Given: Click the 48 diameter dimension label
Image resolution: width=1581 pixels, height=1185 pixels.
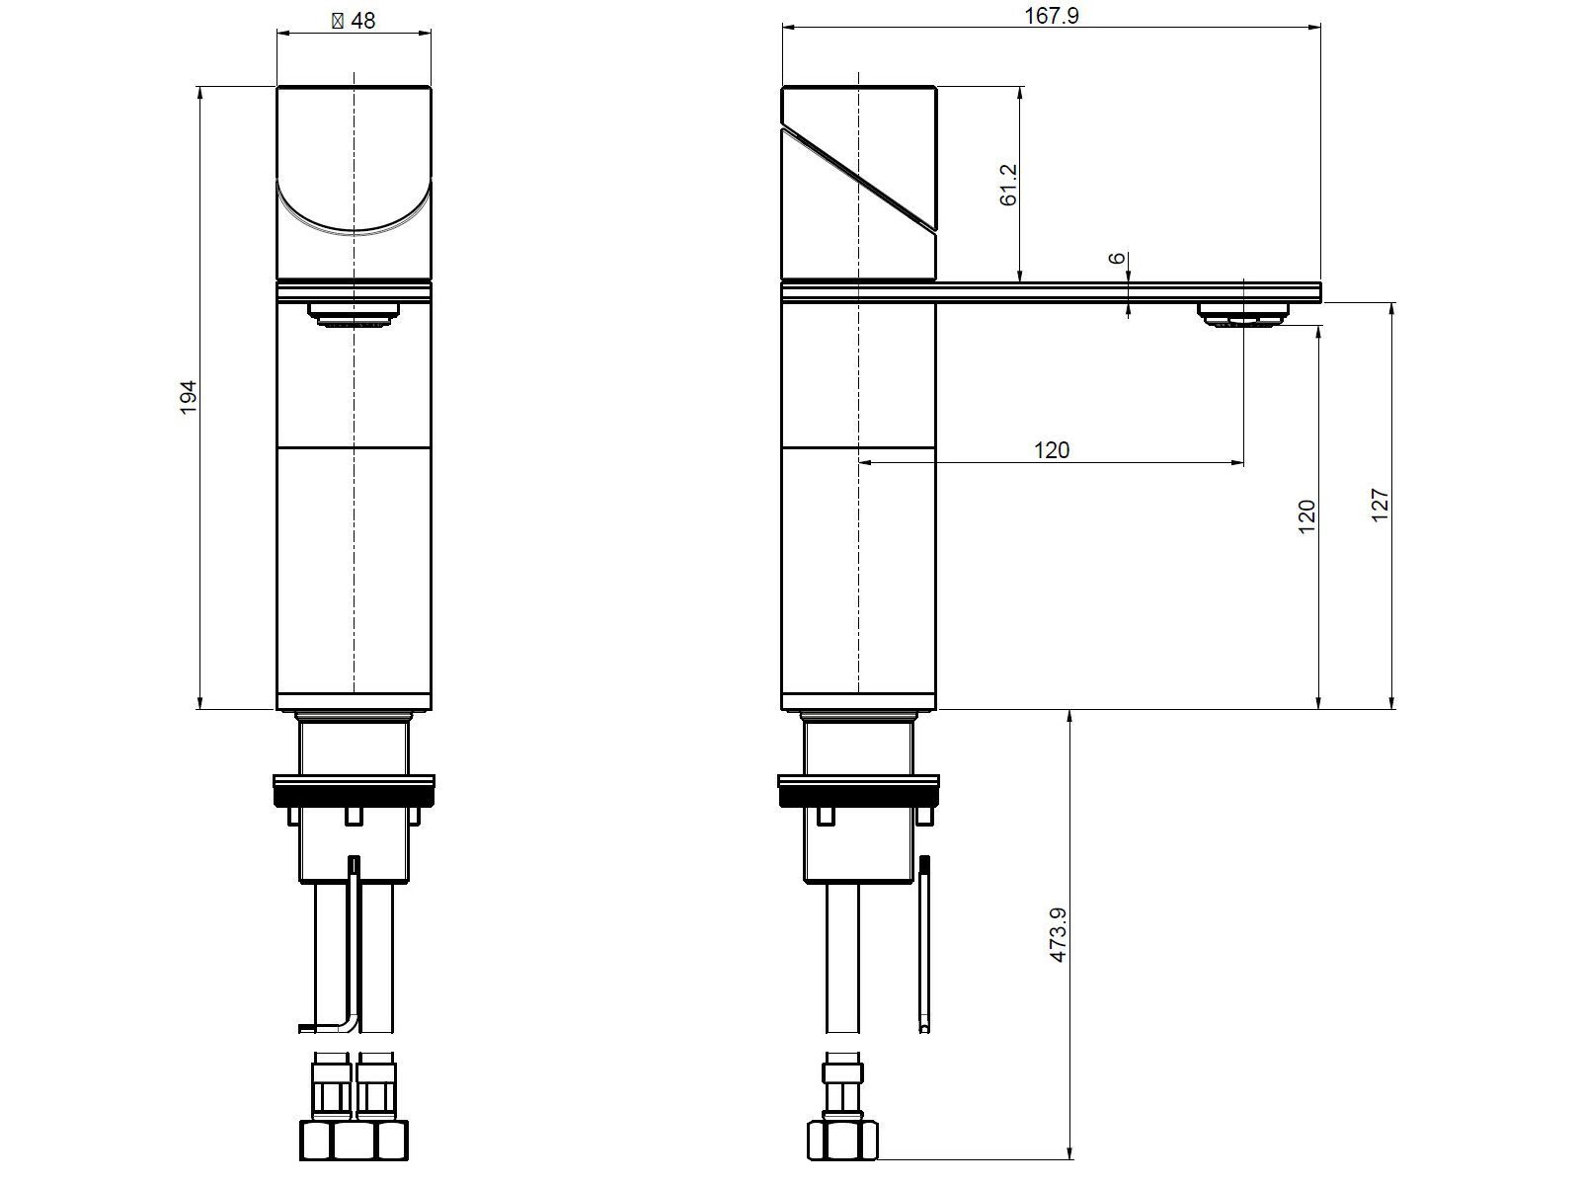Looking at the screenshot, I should (x=354, y=20).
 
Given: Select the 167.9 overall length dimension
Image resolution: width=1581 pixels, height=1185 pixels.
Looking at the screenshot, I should (x=1052, y=16).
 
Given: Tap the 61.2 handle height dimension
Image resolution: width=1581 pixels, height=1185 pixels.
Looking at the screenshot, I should (x=1008, y=185).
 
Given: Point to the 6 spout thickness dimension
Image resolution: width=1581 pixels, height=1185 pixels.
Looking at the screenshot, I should (x=1117, y=258).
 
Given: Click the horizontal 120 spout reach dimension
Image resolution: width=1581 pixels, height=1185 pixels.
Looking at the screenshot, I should (x=1052, y=450).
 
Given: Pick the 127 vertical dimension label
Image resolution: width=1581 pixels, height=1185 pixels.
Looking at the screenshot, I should (x=1381, y=506).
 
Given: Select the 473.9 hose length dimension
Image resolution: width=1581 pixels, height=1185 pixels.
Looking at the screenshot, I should (x=1059, y=936).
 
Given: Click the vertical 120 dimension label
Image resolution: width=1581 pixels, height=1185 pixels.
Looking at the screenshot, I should (x=1306, y=516).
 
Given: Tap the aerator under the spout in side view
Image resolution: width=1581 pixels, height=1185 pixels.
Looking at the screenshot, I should (x=1244, y=315).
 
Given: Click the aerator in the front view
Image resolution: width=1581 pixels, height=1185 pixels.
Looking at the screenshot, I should (x=354, y=314).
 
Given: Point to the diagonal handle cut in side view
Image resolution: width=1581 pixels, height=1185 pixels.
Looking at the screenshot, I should (x=859, y=178).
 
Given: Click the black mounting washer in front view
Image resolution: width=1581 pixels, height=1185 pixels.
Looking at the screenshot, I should (x=354, y=793).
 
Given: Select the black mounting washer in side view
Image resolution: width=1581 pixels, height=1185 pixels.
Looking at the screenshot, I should (x=858, y=793).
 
